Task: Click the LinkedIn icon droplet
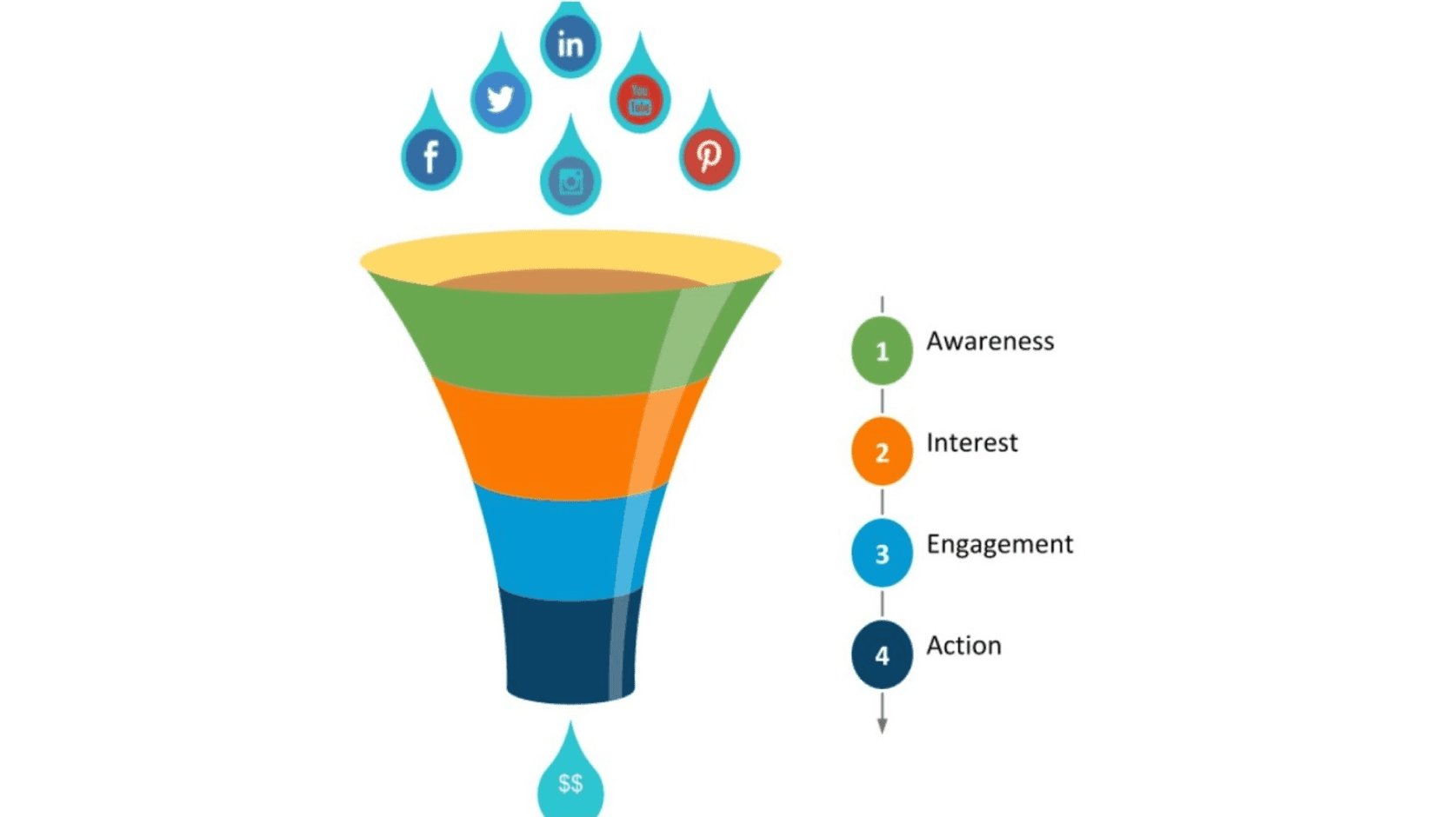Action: point(570,43)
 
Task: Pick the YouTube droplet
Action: point(640,99)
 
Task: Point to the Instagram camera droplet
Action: point(570,181)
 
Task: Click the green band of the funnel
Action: point(539,339)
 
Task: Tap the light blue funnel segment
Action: point(557,543)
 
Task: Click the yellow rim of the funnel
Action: point(570,252)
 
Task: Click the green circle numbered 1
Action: point(882,351)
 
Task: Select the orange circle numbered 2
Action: point(882,452)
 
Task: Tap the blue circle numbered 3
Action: point(882,554)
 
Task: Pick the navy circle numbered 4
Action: point(882,654)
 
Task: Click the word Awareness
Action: point(990,342)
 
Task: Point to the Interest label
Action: point(971,443)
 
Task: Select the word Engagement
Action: point(999,545)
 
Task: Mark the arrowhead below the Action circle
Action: point(882,726)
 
